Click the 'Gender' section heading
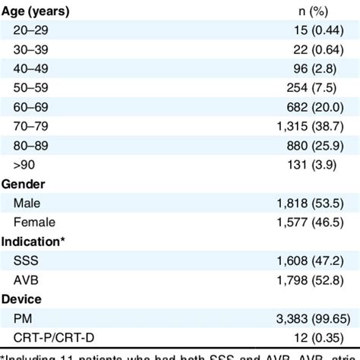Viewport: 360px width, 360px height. (23, 185)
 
